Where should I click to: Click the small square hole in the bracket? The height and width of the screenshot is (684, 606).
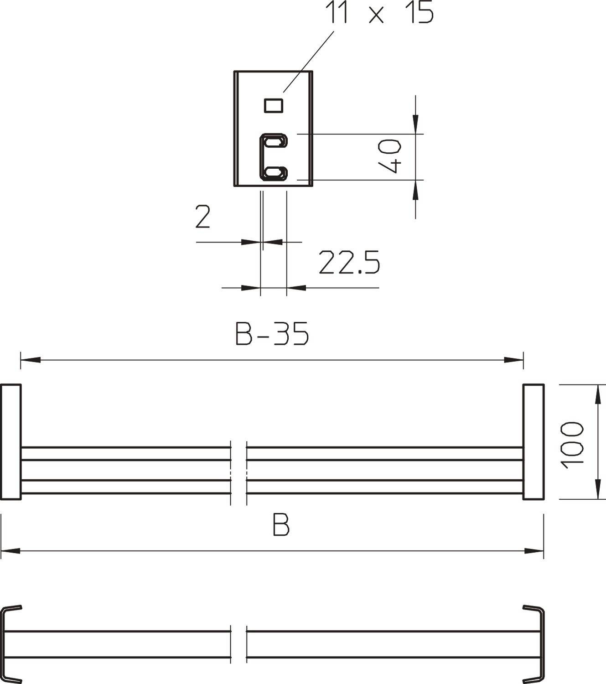274,105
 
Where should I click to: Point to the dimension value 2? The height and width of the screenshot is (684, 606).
203,217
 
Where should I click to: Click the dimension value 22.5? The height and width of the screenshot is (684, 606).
349,263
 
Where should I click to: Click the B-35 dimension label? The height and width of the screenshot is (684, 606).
272,334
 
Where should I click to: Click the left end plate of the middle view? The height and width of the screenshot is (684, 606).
10,442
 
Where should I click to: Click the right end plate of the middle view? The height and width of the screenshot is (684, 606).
533,442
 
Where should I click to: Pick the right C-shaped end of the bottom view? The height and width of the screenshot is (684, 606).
536,643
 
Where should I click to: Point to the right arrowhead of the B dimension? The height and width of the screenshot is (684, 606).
534,551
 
